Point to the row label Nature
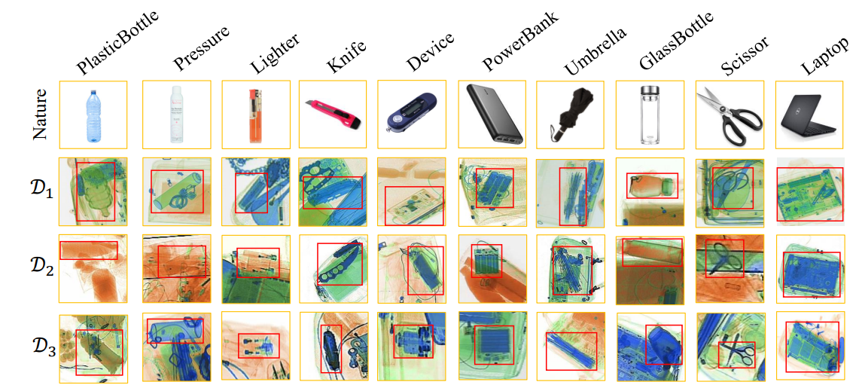pyautogui.click(x=42, y=115)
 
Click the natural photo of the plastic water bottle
pyautogui.click(x=93, y=115)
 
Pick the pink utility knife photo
pyautogui.click(x=333, y=115)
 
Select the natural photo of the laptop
pyautogui.click(x=809, y=115)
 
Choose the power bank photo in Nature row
pyautogui.click(x=492, y=115)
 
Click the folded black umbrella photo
pyautogui.click(x=570, y=115)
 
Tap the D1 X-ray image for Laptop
pyautogui.click(x=809, y=191)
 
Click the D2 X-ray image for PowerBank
pyautogui.click(x=492, y=269)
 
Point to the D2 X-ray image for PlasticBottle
pyautogui.click(x=93, y=269)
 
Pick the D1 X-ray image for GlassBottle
pyautogui.click(x=650, y=191)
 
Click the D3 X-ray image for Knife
pyautogui.click(x=333, y=347)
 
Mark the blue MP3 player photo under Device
pyautogui.click(x=412, y=115)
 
